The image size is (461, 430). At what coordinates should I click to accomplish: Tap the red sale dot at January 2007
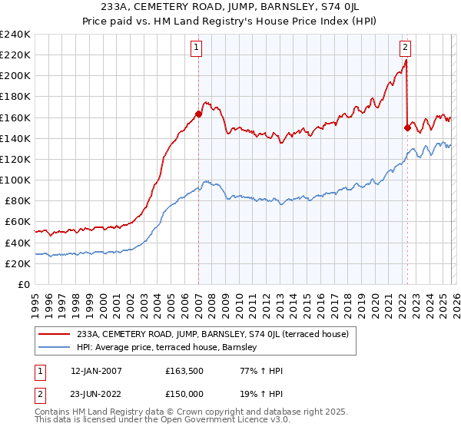tap(198, 114)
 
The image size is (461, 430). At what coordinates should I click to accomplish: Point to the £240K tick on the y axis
tap(15, 35)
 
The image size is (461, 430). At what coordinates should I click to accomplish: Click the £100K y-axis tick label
tap(15, 180)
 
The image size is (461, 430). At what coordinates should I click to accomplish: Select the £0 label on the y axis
tap(25, 284)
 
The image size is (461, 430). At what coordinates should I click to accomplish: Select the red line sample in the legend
tap(55, 334)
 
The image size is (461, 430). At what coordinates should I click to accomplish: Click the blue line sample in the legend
tap(55, 348)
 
